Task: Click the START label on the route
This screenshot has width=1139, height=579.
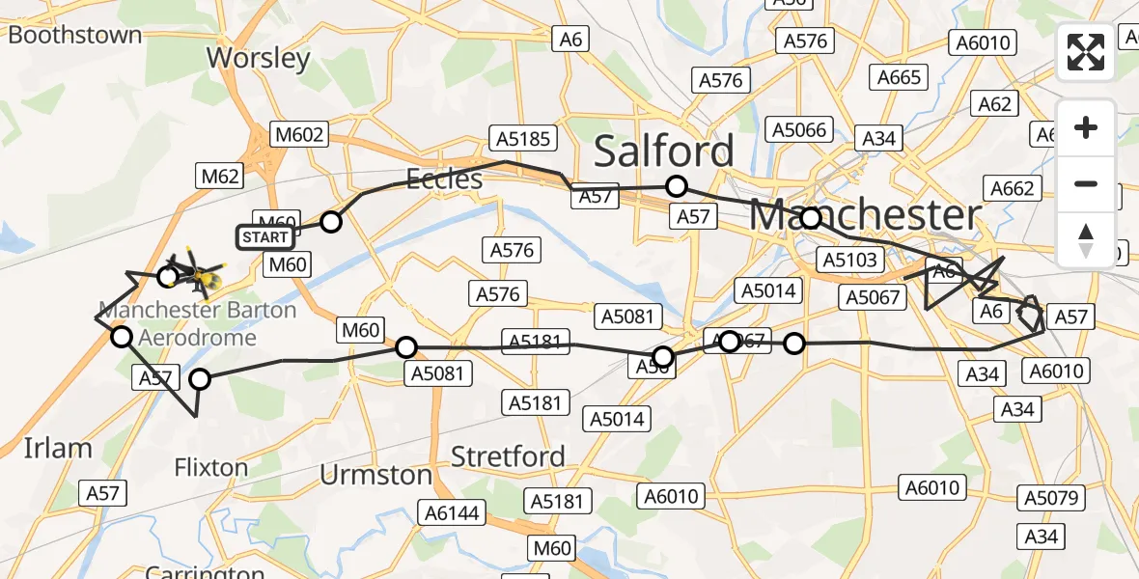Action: point(264,236)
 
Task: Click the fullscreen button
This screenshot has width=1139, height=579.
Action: point(1086,52)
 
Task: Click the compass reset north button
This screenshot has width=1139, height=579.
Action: point(1086,239)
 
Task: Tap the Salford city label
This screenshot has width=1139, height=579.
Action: point(663,152)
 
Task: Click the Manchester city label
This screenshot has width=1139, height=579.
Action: point(865,215)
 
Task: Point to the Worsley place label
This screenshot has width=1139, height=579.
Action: point(259,58)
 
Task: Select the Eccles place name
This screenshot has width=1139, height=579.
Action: point(444,179)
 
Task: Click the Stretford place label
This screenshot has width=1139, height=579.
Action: point(508,455)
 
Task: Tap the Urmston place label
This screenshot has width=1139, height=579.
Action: point(375,475)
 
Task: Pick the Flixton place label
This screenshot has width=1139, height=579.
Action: point(210,468)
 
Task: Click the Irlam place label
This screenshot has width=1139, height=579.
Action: point(58,448)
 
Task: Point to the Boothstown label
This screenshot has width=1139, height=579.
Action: point(74,36)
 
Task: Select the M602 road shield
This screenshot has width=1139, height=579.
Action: point(299,135)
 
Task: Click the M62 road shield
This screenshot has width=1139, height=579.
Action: point(220,176)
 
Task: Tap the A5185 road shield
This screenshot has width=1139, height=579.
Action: point(524,138)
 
